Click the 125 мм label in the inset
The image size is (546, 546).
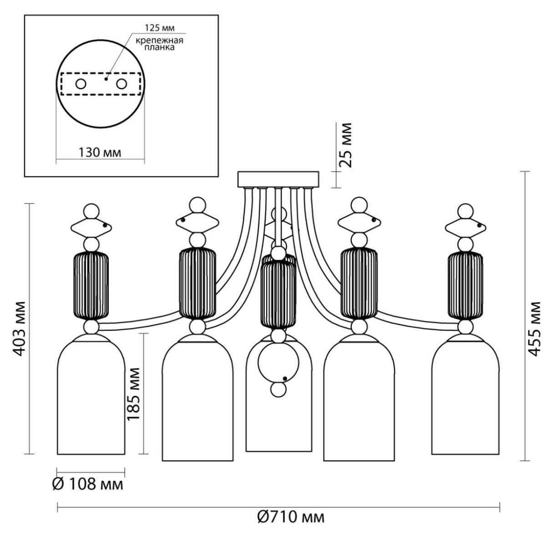click(x=160, y=28)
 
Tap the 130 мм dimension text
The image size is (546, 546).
click(x=100, y=153)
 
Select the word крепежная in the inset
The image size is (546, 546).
click(x=159, y=40)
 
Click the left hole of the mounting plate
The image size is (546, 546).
click(x=81, y=84)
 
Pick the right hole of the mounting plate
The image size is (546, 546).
click(x=121, y=84)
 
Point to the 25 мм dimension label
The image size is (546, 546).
click(x=345, y=145)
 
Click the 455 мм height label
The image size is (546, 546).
click(x=534, y=329)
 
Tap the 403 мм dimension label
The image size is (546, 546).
click(x=20, y=329)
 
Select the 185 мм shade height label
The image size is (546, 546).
click(x=133, y=394)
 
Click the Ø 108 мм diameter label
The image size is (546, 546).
click(x=88, y=485)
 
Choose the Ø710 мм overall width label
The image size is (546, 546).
click(x=291, y=518)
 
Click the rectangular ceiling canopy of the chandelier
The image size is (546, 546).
click(x=278, y=179)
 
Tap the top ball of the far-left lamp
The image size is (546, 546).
click(x=91, y=212)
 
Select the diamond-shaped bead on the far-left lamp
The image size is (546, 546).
click(x=91, y=227)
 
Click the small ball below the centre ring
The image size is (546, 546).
click(x=278, y=389)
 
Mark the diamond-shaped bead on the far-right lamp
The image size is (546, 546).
click(x=465, y=227)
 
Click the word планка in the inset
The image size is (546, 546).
click(x=159, y=47)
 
